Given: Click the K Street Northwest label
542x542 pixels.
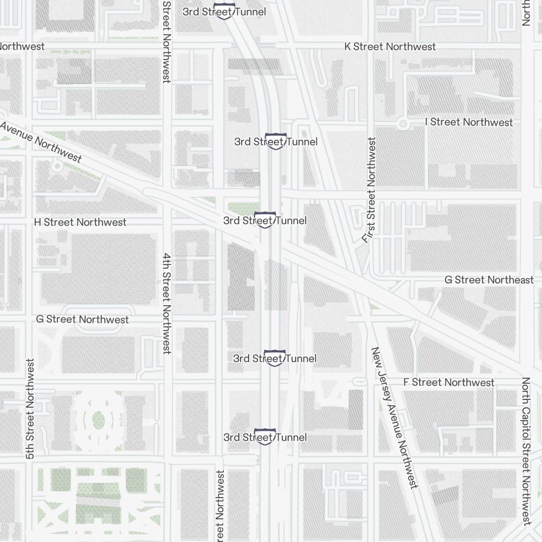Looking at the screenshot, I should [390, 47].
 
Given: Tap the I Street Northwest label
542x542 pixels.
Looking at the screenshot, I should [469, 122].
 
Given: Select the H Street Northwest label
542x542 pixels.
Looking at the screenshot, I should [80, 222].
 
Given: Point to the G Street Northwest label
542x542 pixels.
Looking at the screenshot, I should [82, 319].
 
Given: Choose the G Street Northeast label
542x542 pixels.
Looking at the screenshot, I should [489, 280].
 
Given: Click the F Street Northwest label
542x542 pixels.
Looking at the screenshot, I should [449, 382].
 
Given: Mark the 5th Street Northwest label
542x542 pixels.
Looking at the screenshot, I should [30, 409].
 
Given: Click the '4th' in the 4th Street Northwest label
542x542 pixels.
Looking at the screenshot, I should [167, 262].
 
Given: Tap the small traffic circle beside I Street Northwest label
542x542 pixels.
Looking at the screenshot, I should [403, 124].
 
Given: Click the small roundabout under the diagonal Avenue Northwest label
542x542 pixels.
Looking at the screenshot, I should [57, 166].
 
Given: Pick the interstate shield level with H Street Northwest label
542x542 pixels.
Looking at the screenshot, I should [264, 220].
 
